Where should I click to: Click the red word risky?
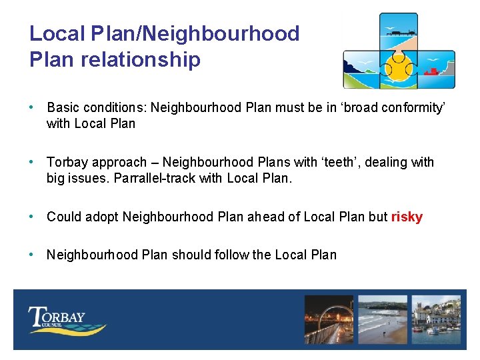coord(407,217)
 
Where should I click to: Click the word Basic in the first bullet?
coord(64,107)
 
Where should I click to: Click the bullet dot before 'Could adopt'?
coord(33,217)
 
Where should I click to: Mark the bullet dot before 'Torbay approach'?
coord(33,162)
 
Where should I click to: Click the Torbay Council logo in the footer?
coord(65,319)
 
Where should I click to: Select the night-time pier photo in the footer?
coord(328,319)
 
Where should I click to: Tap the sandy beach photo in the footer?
coord(382,319)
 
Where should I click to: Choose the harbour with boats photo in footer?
coord(436,319)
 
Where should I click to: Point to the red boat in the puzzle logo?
coord(432,71)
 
